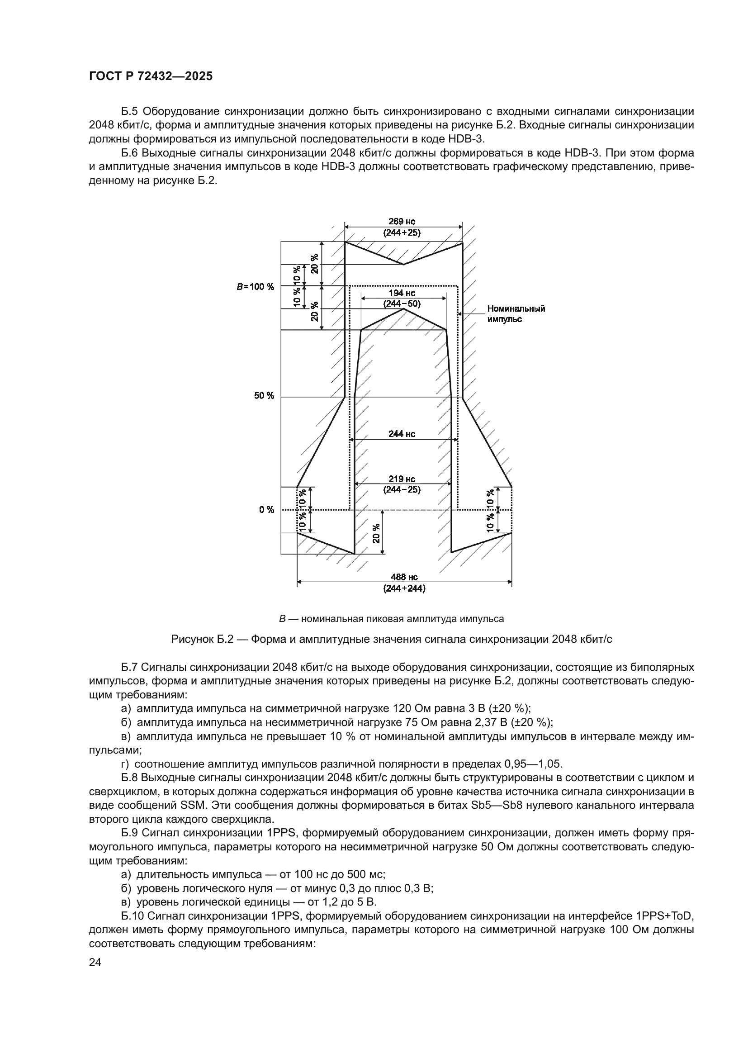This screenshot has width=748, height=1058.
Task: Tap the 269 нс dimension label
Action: pos(402,222)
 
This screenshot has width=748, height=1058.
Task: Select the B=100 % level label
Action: pos(256,287)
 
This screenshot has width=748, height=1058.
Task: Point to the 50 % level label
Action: pos(264,396)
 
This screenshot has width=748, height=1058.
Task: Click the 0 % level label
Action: pos(266,509)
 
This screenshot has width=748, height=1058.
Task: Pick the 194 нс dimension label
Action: pos(402,293)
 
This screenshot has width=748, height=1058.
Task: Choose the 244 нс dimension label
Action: pos(402,434)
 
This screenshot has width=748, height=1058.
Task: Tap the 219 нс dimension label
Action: pos(402,479)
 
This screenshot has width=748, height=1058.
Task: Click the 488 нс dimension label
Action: pos(404,577)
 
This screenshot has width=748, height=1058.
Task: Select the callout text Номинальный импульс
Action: pos(516,314)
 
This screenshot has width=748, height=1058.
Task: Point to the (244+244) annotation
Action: pos(404,588)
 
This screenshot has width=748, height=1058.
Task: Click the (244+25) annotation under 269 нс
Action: pos(402,232)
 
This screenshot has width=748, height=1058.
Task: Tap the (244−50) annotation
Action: pos(402,304)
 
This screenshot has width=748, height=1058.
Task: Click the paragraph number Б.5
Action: pos(130,111)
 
